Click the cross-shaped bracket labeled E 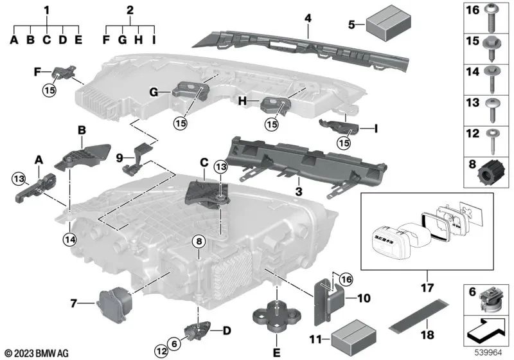[x=276, y=316]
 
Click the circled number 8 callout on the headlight [x=199, y=242]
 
